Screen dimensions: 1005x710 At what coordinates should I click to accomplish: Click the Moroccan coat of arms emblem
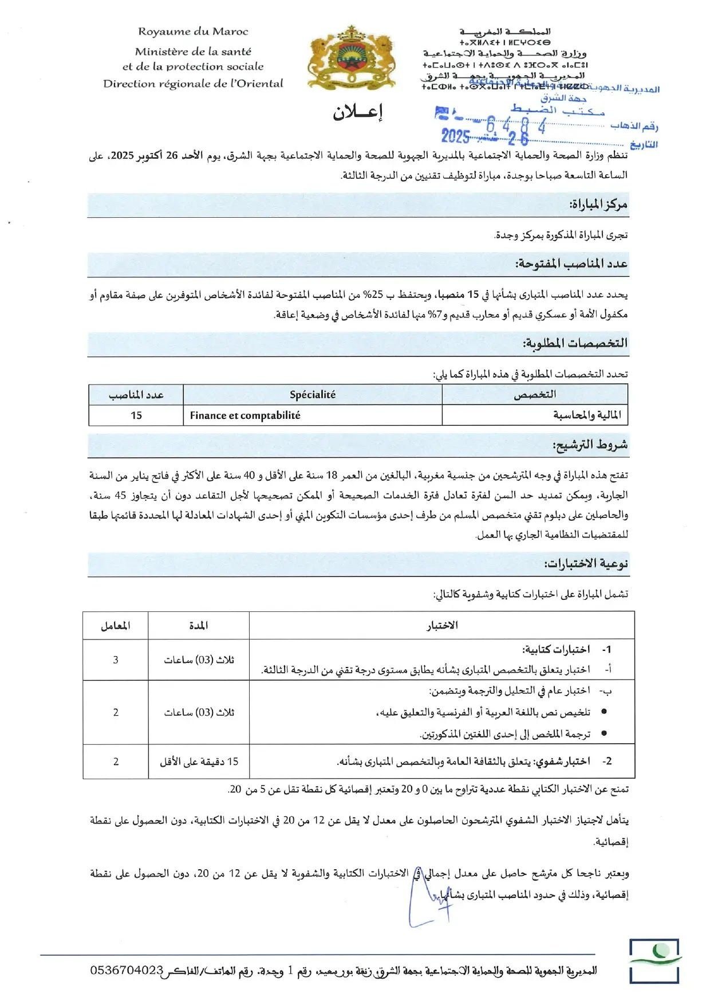[351, 57]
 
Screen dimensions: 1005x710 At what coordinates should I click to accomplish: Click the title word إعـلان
[358, 112]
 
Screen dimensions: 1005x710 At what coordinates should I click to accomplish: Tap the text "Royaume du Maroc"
[193, 32]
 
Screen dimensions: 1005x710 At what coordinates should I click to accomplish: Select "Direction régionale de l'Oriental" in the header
[193, 84]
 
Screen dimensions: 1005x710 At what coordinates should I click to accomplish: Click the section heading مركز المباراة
[598, 205]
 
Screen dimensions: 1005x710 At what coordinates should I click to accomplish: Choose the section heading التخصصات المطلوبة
[575, 343]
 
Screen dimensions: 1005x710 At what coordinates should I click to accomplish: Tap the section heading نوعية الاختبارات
[586, 564]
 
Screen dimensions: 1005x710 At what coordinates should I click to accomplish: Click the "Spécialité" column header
[313, 395]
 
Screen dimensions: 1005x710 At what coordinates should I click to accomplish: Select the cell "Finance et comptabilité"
[245, 415]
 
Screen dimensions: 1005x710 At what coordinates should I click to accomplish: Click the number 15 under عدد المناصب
[136, 415]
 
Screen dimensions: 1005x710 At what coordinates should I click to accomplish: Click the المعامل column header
[116, 626]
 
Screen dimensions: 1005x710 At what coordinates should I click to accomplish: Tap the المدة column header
[199, 626]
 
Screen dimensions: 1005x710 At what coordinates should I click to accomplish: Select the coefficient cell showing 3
[116, 660]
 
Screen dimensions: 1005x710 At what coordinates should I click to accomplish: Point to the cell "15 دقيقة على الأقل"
[199, 762]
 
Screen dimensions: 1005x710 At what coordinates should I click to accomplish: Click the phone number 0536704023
[127, 971]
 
